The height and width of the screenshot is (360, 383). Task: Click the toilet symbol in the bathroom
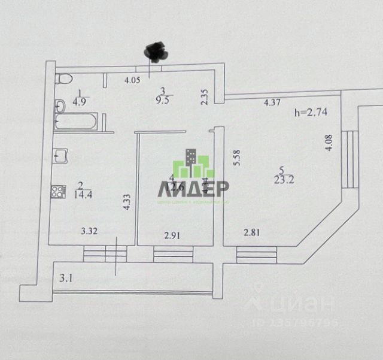63,78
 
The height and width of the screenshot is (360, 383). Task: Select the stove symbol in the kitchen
59,192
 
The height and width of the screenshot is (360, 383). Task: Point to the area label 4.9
79,101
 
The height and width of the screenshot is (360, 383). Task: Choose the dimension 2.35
204,97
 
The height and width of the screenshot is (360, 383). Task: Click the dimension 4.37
272,103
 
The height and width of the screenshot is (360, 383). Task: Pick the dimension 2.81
251,233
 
